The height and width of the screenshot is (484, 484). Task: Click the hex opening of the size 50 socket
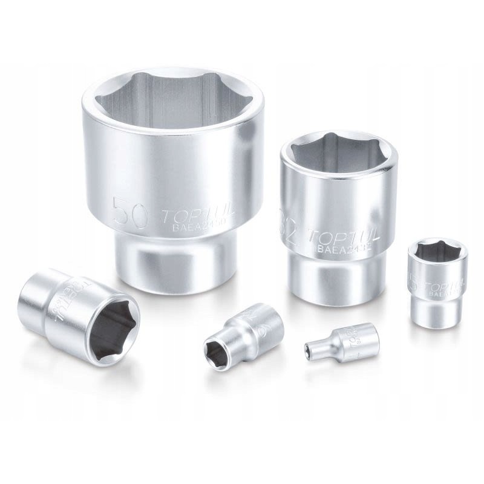[x=174, y=106]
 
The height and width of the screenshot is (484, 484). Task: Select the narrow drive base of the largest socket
[x=175, y=260]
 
